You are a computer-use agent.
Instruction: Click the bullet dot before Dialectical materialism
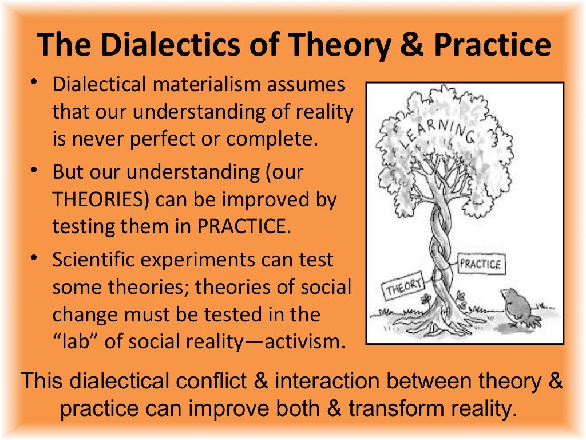35,84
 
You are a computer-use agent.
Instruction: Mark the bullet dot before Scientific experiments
35,258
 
